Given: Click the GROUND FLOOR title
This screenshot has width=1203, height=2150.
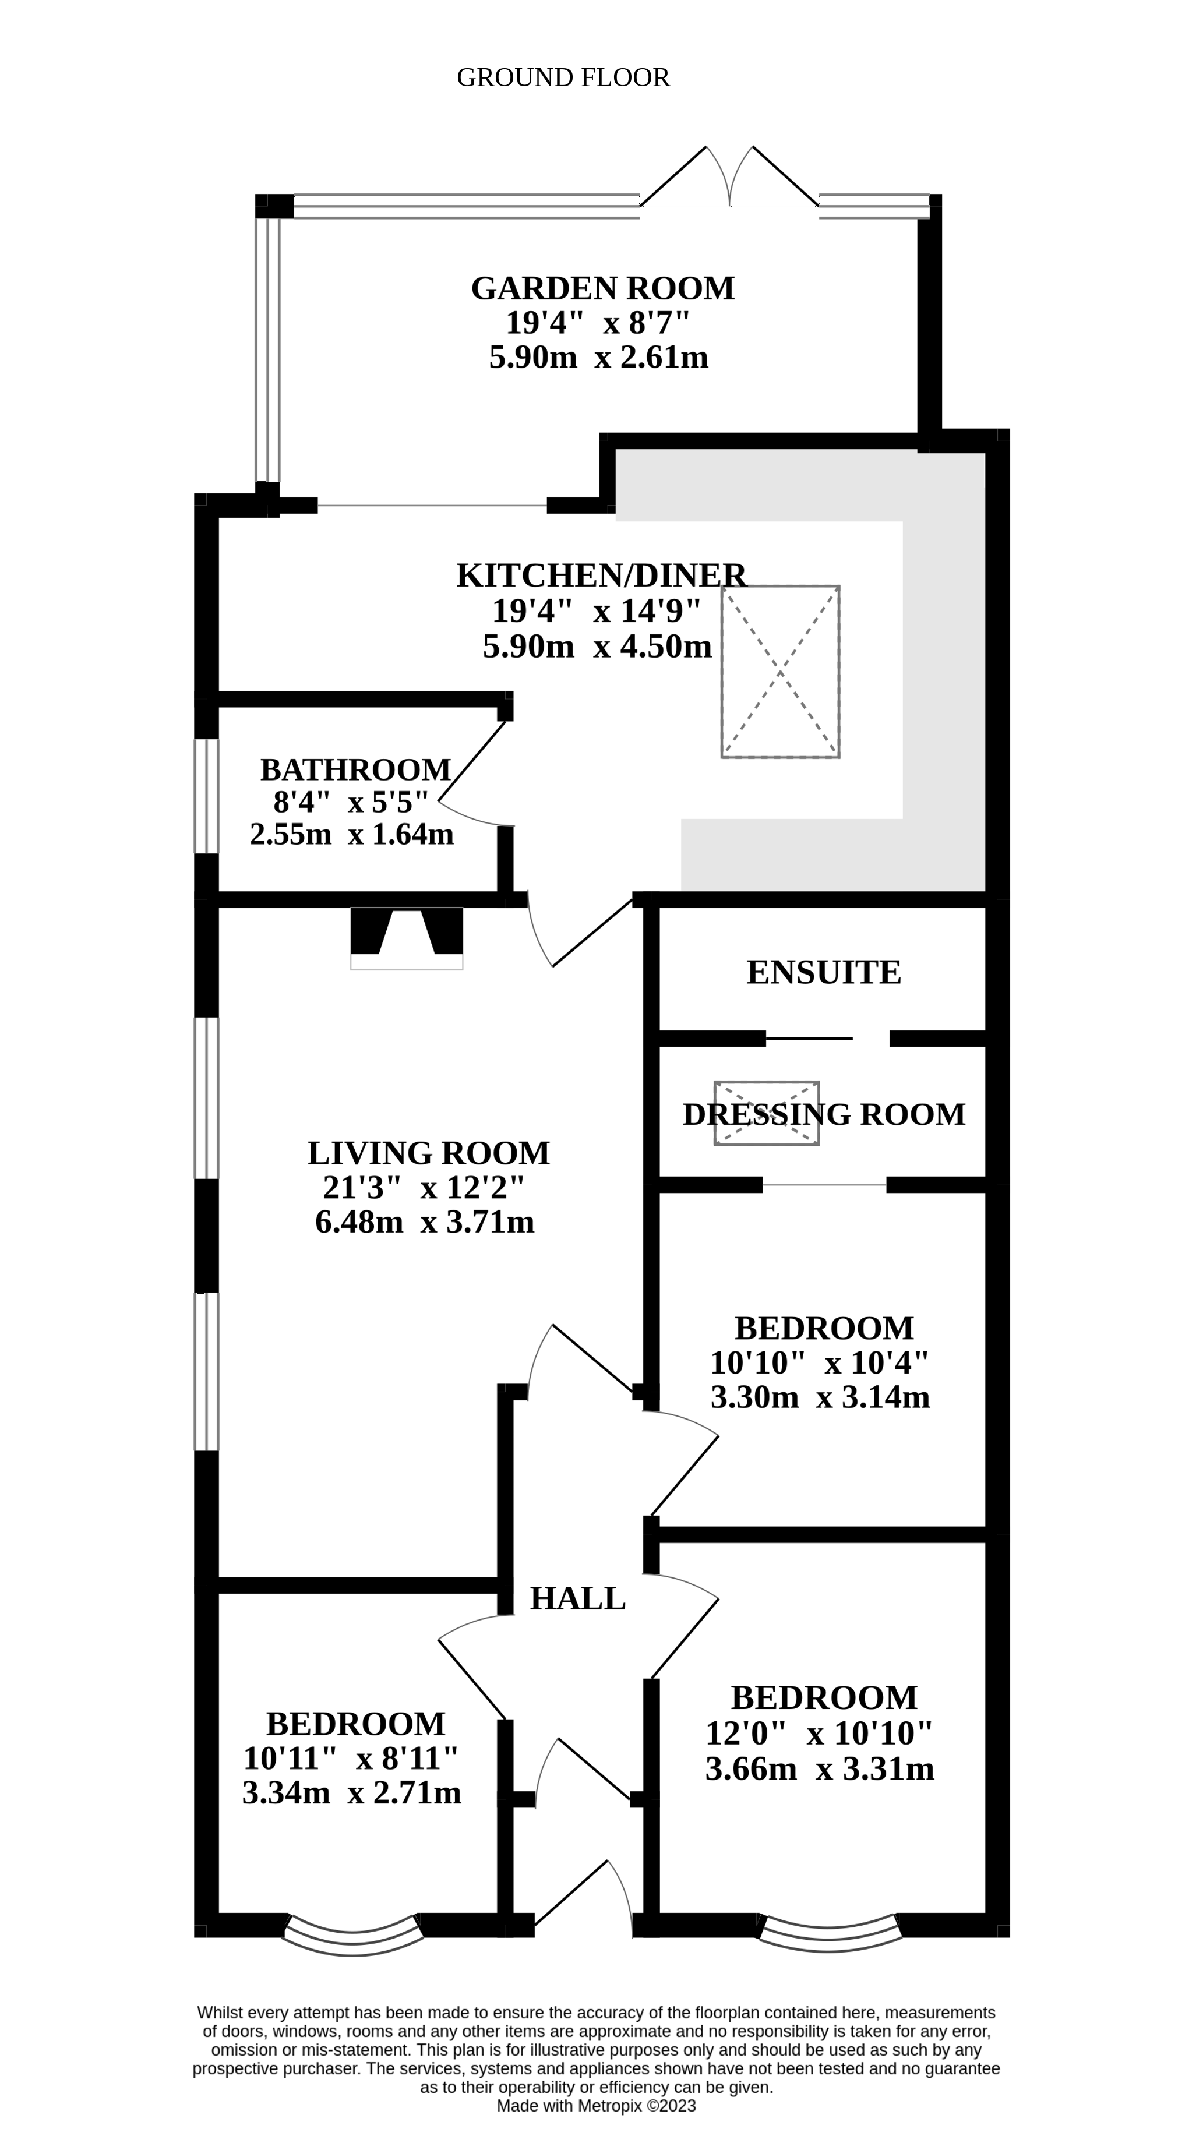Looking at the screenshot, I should (563, 77).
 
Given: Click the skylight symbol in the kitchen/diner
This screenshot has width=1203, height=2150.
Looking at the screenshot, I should (779, 672).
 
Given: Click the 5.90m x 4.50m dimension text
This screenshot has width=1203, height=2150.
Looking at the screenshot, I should (597, 646).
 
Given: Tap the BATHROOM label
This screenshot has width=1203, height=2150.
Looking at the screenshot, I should (355, 769).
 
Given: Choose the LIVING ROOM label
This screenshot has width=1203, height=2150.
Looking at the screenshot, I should (428, 1153).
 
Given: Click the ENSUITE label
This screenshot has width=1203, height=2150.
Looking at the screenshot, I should (823, 972).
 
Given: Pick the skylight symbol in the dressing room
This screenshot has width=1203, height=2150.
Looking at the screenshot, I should (767, 1113).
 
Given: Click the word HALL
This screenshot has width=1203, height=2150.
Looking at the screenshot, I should (577, 1598).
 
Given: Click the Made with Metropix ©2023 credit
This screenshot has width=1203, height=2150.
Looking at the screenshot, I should (596, 2106).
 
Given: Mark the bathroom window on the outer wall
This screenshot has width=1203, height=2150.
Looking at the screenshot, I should (206, 796).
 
